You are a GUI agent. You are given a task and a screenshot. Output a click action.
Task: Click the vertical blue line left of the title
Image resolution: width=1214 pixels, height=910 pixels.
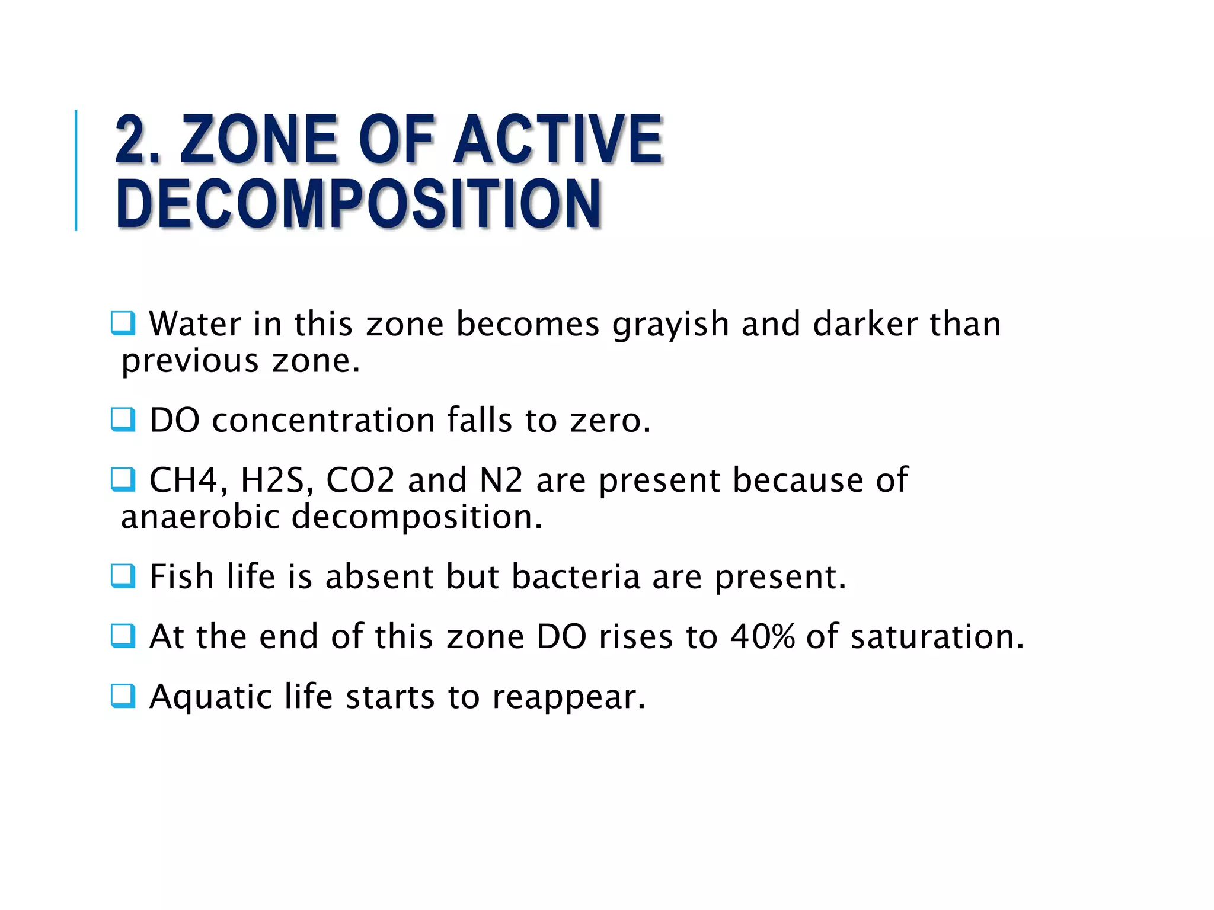[76, 170]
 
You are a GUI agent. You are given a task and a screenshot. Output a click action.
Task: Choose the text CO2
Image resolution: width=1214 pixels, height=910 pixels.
[360, 480]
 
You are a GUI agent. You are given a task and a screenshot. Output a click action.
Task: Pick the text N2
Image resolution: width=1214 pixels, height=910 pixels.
[501, 480]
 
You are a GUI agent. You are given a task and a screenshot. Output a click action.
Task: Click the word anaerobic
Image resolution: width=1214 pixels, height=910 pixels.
[200, 517]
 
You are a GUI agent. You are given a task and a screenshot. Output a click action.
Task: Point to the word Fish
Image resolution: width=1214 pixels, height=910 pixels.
[182, 576]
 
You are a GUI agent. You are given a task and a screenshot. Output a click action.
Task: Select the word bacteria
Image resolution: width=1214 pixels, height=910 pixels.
[576, 576]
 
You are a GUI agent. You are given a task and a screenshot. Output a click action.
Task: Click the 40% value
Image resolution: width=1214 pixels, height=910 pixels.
[762, 637]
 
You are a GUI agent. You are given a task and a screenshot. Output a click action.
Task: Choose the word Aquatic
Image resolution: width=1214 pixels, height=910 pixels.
[210, 697]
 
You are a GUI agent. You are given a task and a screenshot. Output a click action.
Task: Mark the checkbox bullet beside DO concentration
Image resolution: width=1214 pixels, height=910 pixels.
[123, 420]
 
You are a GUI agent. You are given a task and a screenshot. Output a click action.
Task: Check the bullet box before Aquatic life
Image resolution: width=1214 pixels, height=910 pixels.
[123, 696]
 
